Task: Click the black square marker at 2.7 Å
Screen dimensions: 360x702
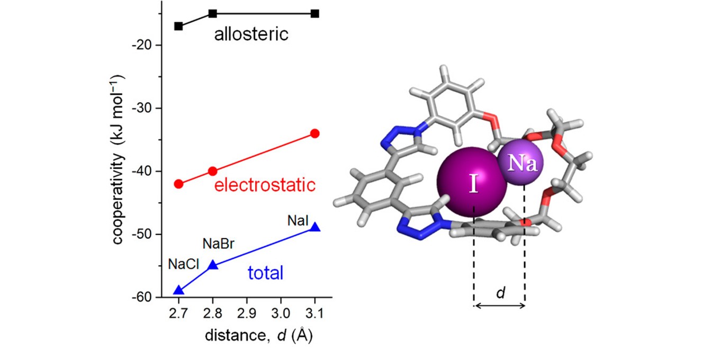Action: (x=178, y=26)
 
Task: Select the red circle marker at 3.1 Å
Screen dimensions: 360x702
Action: (x=315, y=133)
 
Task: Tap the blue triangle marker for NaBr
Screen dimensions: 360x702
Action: (x=213, y=265)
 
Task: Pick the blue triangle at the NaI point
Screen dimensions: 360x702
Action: (x=315, y=227)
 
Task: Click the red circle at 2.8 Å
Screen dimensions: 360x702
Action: (x=213, y=171)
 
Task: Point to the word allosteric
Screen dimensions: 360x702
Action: (x=251, y=35)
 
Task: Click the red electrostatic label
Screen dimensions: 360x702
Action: (x=265, y=185)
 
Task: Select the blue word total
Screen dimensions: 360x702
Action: (x=266, y=273)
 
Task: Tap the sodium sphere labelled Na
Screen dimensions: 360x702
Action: (x=518, y=164)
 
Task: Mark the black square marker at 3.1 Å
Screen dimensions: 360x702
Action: (x=315, y=13)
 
